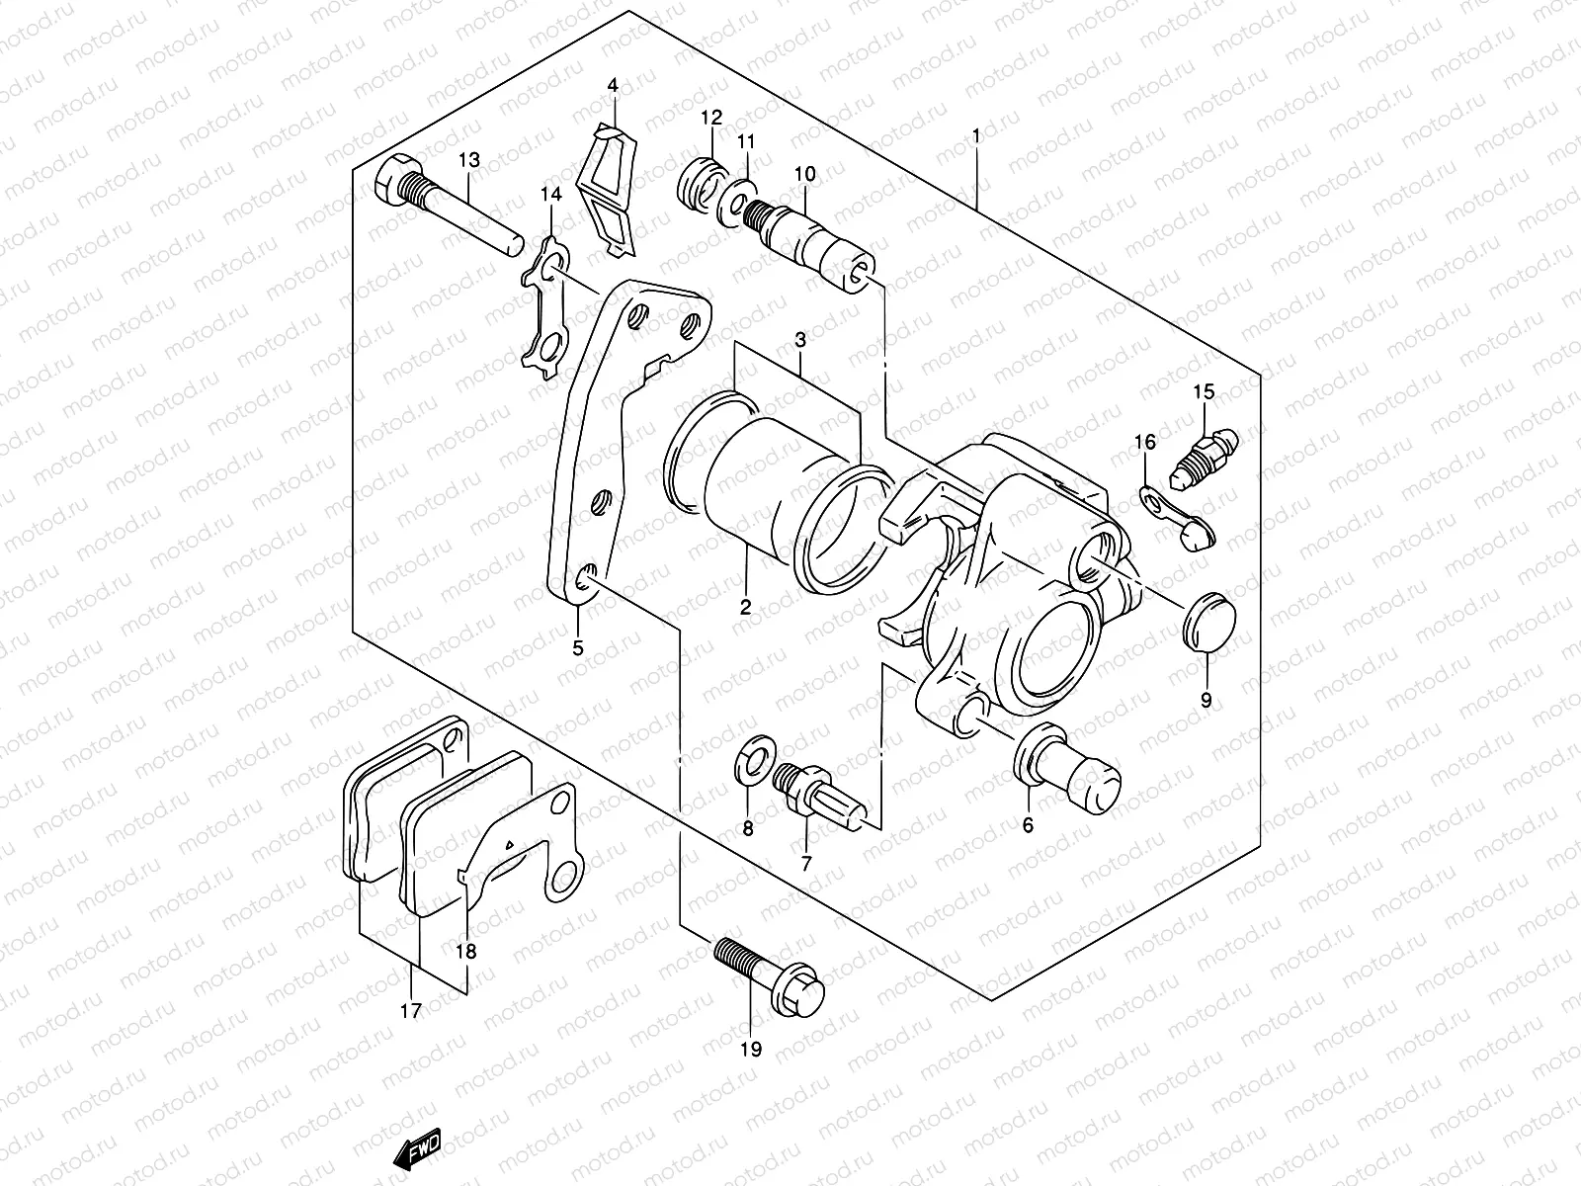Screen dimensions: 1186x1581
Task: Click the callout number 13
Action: pyautogui.click(x=468, y=161)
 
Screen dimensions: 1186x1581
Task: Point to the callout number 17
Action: pyautogui.click(x=411, y=1011)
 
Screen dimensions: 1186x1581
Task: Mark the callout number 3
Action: pyautogui.click(x=800, y=340)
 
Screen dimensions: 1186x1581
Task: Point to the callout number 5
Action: pyautogui.click(x=579, y=648)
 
